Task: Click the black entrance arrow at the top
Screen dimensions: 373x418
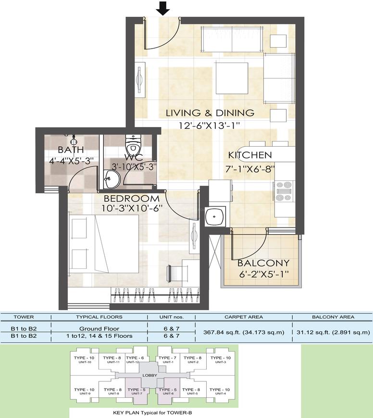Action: [x=162, y=8]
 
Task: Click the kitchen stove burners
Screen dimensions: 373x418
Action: [x=284, y=191]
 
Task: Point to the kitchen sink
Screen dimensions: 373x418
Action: [x=215, y=216]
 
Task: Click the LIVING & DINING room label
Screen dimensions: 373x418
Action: [x=210, y=113]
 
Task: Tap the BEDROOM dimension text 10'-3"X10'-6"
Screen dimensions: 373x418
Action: [x=132, y=208]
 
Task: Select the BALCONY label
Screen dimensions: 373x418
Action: [x=263, y=263]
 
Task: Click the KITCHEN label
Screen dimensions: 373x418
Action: [x=250, y=155]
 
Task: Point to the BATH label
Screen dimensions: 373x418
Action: [x=71, y=150]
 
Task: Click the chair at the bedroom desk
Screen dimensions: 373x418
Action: [x=173, y=273]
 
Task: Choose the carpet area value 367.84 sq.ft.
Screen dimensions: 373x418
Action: [x=244, y=332]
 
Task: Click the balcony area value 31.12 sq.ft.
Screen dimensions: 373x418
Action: [x=333, y=332]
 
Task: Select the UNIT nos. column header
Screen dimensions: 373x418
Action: [x=171, y=317]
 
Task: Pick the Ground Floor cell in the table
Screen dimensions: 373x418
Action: [x=99, y=329]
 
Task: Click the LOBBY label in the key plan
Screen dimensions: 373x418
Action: [x=150, y=375]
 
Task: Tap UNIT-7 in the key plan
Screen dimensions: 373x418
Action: [x=137, y=393]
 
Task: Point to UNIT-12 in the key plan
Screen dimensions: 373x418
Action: [x=133, y=362]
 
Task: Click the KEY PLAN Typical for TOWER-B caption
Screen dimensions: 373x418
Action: [x=152, y=413]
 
